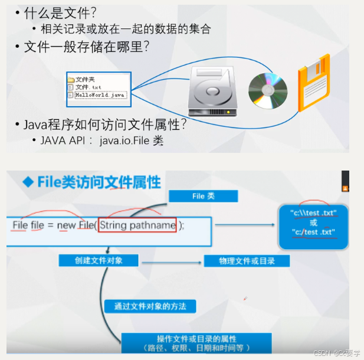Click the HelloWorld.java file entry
(100, 95)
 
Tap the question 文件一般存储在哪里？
(86, 47)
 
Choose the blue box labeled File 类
(204, 197)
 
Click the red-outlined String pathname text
(137, 225)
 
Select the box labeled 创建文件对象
(99, 260)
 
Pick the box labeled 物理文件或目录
(246, 261)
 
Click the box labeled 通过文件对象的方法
(149, 306)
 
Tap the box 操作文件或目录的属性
(196, 342)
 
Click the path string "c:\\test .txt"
(313, 212)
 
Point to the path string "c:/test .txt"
(313, 233)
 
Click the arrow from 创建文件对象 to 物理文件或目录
(172, 261)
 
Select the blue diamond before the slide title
(28, 182)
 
